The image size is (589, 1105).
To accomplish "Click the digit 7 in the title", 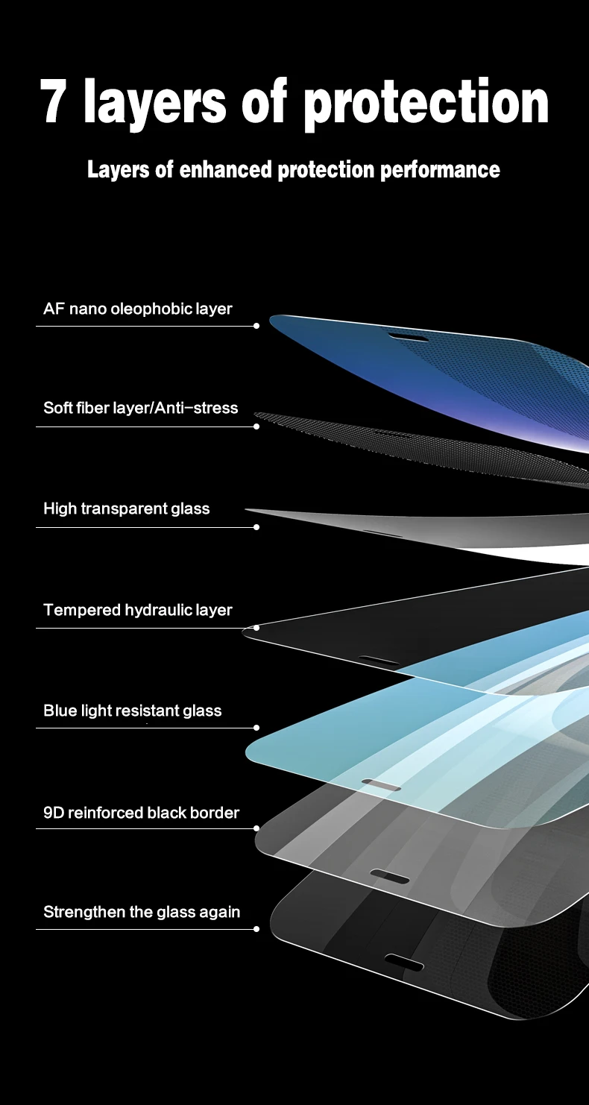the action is [56, 102].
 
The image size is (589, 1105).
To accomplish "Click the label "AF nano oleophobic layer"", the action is [138, 309].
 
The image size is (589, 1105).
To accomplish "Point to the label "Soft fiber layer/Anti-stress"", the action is [141, 408].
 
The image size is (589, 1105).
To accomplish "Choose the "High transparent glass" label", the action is [127, 509].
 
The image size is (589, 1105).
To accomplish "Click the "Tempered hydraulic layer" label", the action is [138, 610].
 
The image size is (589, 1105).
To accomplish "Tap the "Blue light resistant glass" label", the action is [133, 711].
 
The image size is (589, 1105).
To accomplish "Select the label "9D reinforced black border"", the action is [142, 813].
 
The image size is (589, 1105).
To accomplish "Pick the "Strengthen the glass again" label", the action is [142, 912].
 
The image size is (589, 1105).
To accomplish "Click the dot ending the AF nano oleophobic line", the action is [256, 326].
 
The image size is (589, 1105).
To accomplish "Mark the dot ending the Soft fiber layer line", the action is [256, 426].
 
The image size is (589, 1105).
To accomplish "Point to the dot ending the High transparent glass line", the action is [256, 527].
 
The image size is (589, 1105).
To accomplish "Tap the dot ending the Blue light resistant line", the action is [256, 728].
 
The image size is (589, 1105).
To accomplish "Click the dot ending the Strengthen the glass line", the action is [256, 929].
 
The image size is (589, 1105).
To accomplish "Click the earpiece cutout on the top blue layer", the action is [409, 339].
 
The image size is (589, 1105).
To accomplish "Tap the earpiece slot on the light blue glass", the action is [381, 785].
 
